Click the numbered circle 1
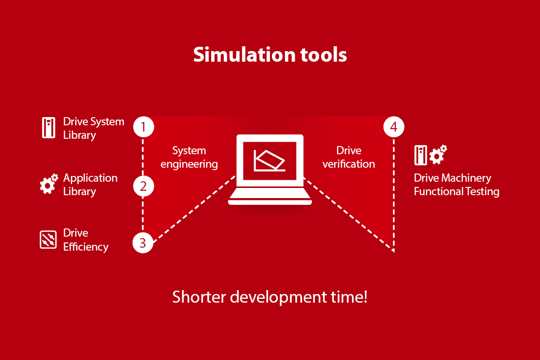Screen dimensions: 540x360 [144, 127]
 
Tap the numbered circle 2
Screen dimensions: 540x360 [144, 186]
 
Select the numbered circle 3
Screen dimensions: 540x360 [143, 242]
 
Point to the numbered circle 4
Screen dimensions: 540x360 [393, 127]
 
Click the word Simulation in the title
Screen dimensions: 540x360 [244, 55]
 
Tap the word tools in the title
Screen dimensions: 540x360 [324, 55]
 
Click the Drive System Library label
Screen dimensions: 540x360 [94, 128]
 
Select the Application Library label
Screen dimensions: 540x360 [90, 185]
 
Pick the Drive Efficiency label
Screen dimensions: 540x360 [86, 240]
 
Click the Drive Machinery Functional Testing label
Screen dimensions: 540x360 [457, 185]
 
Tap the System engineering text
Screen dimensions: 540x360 [189, 157]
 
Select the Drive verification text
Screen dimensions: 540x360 [349, 157]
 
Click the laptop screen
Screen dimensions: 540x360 [270, 161]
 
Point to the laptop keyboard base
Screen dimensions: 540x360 [270, 197]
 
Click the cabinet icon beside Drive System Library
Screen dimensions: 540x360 [49, 128]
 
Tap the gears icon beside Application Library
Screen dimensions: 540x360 [49, 184]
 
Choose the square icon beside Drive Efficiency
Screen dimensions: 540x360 [48, 240]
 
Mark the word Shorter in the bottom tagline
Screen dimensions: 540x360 [199, 297]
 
